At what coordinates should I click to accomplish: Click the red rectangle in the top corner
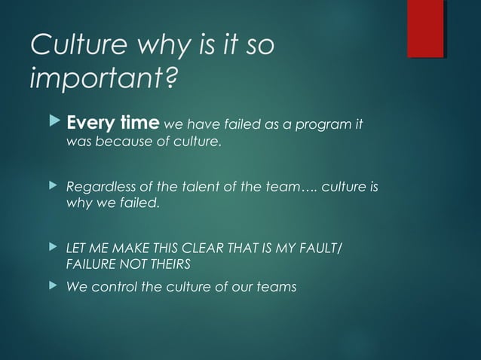425,29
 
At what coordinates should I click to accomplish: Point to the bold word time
139,124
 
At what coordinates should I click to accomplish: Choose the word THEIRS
170,265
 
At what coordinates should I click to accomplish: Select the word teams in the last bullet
274,286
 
